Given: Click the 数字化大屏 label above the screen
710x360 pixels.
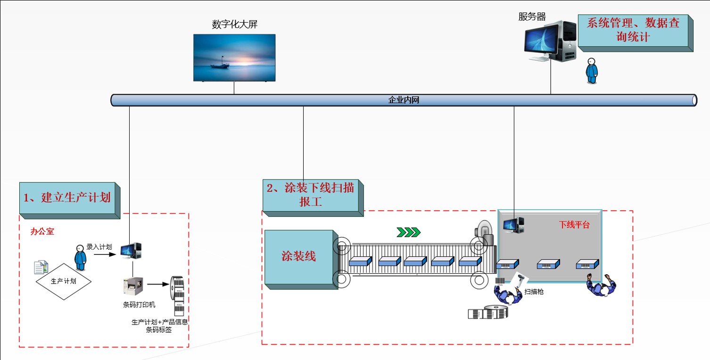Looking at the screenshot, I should pos(234,25).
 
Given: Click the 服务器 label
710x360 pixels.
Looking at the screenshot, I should pos(532,17).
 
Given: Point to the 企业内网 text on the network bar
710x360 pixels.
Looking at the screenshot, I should pos(403,100).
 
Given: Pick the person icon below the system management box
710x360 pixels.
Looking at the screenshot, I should pos(591,71).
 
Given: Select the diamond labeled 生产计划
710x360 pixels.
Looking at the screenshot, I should pos(63,281).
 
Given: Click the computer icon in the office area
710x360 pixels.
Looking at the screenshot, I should pos(131,250).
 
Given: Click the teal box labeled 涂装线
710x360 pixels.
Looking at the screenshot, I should pos(299,257).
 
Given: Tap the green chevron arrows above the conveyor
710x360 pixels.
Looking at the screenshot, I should pos(408,232).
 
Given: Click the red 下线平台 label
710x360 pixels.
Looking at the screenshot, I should pos(574,225).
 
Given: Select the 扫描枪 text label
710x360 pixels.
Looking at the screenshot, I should pos(534,292).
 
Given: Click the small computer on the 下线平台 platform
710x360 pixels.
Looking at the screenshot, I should pos(513,225).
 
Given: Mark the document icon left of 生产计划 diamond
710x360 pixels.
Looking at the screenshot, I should pos(41,267).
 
